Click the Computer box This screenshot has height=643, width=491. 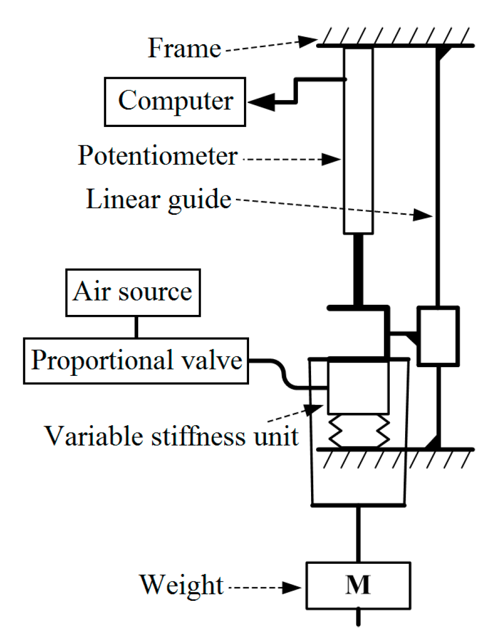175,102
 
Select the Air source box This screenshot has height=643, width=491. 133,293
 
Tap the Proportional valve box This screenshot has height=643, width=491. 136,361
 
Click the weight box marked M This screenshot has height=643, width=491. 358,585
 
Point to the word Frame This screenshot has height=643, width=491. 184,49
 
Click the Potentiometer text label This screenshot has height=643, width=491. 158,156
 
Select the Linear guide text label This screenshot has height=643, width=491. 159,200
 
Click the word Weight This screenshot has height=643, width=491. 181,585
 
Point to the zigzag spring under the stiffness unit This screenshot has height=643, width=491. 358,431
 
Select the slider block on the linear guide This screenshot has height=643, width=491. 438,336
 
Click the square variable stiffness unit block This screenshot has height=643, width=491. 358,387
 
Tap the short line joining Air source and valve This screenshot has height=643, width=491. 136,327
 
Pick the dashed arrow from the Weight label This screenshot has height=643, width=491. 264,588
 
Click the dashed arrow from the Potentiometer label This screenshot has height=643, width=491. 290,159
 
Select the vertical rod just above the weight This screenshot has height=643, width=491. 358,533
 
